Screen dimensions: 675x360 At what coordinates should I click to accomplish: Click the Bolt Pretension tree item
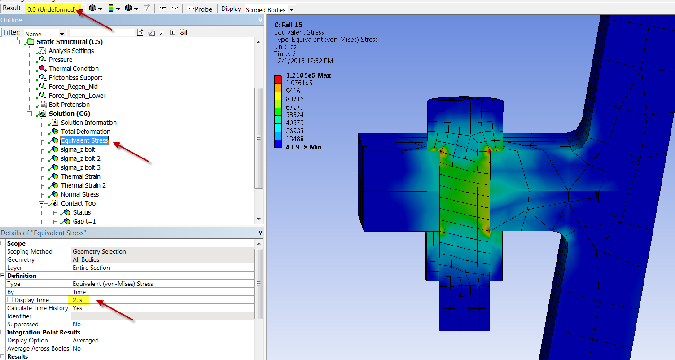69,105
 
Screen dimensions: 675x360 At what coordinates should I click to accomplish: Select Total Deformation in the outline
86,132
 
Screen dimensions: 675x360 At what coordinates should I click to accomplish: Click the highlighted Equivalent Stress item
84,140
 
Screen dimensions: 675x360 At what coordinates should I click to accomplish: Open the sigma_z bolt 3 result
80,167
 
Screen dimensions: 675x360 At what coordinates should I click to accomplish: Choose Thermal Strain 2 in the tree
83,185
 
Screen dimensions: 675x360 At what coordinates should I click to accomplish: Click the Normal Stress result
80,194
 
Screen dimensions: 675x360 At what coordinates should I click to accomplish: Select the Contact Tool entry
79,203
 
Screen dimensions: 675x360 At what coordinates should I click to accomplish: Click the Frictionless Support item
75,78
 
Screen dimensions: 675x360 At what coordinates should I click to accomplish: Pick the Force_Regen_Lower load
77,96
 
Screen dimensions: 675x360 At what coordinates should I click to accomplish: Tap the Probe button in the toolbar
199,9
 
